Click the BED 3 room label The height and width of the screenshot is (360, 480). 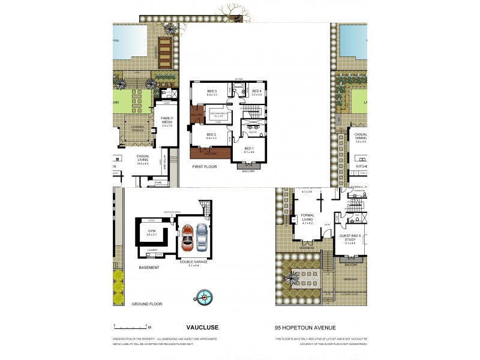(212, 92)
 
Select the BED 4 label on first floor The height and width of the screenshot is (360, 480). (257, 92)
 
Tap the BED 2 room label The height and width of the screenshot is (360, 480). (211, 135)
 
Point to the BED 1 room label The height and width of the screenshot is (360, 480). (249, 149)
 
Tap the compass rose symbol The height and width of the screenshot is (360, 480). (203, 295)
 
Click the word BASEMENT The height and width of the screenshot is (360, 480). (149, 267)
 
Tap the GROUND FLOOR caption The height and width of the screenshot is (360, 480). (147, 304)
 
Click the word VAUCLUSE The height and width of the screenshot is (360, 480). (203, 328)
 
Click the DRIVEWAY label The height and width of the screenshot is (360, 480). (351, 279)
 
